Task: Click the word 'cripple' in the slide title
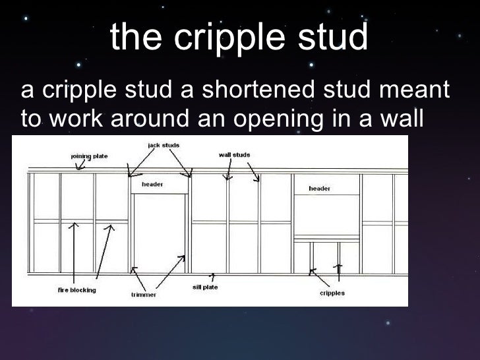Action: click(232, 39)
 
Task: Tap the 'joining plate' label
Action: click(89, 156)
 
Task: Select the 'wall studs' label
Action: click(234, 156)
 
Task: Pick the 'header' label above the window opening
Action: click(320, 189)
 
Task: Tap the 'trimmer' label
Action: click(144, 295)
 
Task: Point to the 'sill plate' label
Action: click(205, 287)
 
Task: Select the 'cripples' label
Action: click(332, 293)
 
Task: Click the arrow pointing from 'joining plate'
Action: click(81, 166)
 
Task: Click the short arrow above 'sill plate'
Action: click(212, 277)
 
